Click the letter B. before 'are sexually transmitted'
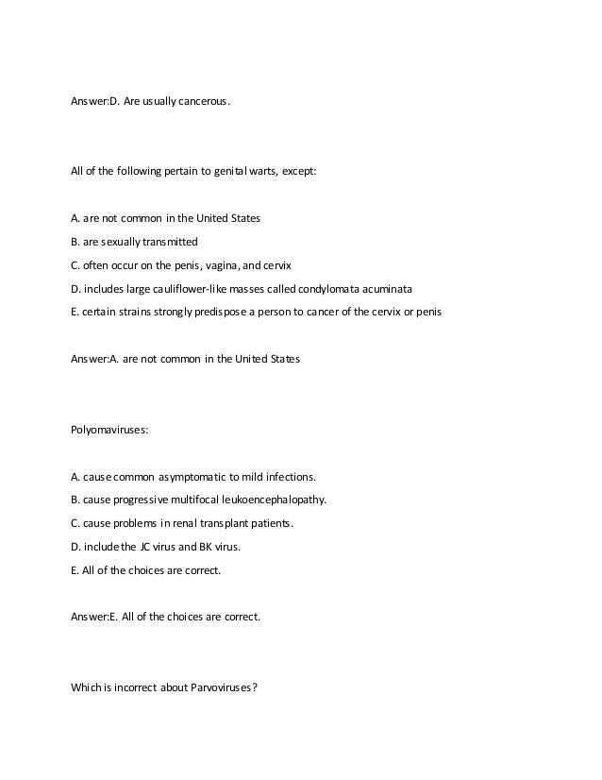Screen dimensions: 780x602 [x=75, y=241]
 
